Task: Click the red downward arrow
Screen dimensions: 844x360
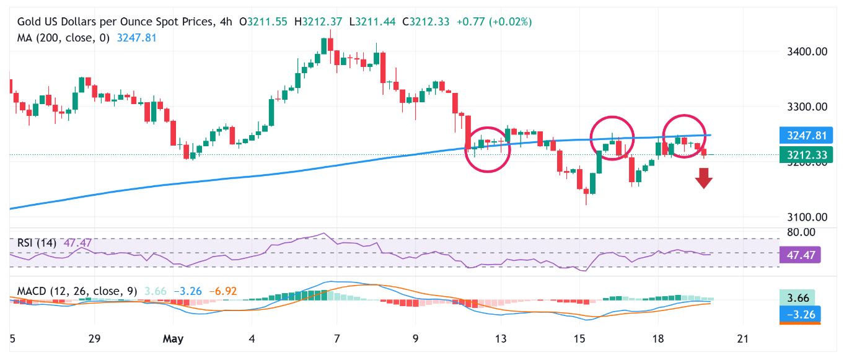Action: point(703,178)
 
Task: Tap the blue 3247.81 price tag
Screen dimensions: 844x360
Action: point(806,135)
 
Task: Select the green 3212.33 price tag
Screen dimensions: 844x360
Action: point(806,155)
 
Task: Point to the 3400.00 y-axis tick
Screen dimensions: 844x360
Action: point(807,51)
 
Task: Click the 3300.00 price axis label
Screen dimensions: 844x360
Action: point(807,107)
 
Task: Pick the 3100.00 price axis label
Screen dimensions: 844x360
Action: point(807,217)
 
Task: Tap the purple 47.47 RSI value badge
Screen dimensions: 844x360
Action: point(800,255)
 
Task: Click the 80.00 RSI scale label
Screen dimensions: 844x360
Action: point(801,232)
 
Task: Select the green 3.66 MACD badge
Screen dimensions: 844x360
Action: point(798,298)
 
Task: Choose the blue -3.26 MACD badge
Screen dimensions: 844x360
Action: point(800,314)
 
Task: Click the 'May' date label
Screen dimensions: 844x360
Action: point(173,338)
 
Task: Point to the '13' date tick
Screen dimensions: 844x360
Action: point(500,338)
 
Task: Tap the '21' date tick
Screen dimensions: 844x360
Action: point(742,338)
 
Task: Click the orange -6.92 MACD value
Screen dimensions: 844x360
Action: point(223,291)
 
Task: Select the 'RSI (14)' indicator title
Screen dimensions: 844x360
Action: point(37,243)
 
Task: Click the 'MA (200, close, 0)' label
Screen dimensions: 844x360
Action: point(63,38)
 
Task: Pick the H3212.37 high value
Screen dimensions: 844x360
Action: point(319,22)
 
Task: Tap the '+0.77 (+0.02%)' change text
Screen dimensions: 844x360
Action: point(494,22)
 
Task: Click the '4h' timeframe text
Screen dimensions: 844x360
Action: point(226,22)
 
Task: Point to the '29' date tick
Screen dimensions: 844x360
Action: point(94,338)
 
